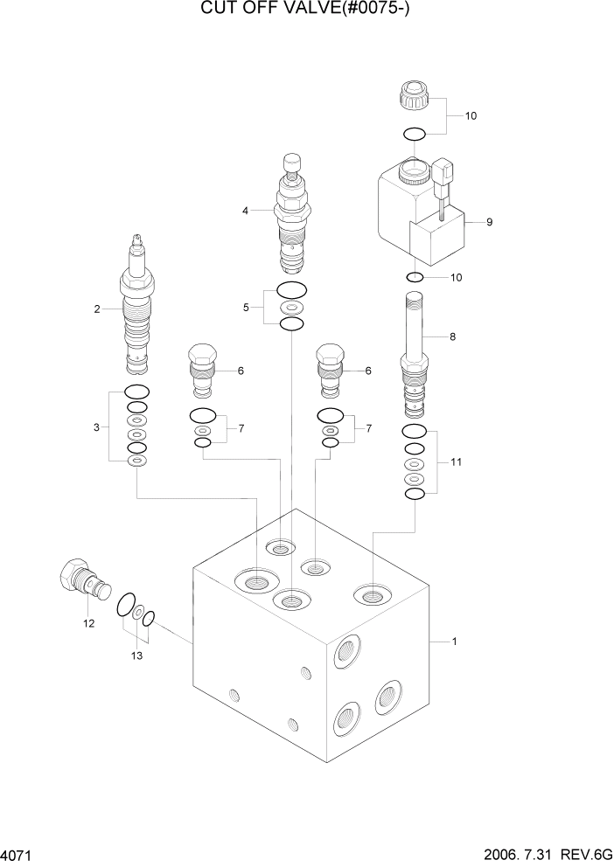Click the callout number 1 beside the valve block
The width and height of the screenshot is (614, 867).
(x=455, y=642)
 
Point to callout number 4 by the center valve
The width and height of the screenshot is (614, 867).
(x=246, y=210)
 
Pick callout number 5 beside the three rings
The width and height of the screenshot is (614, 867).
(x=246, y=307)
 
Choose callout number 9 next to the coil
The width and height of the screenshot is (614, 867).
(x=489, y=222)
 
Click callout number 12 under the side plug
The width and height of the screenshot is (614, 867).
(x=88, y=623)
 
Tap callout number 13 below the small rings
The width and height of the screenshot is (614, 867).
(x=135, y=655)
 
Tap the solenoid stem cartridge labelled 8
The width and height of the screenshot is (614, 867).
(x=415, y=354)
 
